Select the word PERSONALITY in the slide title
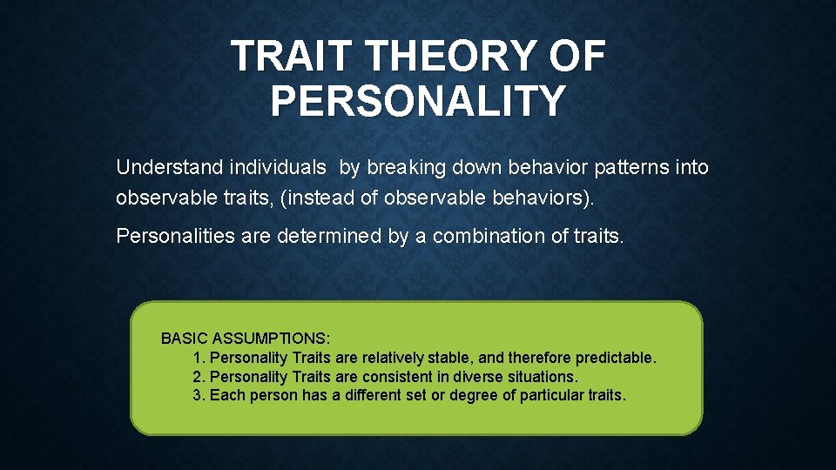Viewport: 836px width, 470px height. tap(418, 100)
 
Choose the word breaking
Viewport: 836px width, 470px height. tap(401, 167)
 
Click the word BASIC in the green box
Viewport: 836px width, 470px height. tap(182, 338)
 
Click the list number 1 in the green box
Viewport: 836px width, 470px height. tap(198, 358)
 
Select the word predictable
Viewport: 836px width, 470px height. tap(617, 358)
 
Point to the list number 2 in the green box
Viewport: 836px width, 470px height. tap(198, 377)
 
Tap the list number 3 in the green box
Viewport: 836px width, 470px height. tap(198, 396)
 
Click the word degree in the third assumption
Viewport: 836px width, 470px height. tap(468, 396)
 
